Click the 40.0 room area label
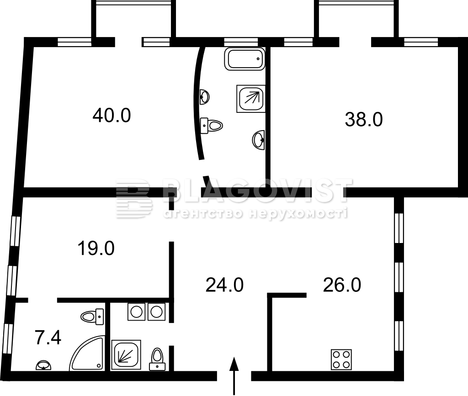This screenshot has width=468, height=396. click(x=112, y=116)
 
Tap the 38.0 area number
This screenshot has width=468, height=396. click(x=363, y=119)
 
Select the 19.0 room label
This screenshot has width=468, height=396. click(x=96, y=248)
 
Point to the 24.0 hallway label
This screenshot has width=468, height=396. click(x=224, y=285)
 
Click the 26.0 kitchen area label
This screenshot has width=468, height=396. click(x=342, y=285)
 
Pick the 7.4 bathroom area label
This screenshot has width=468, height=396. click(x=48, y=338)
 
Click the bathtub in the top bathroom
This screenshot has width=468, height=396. click(x=245, y=59)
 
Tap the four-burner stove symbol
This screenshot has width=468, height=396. click(x=341, y=359)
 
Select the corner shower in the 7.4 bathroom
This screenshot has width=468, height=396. click(x=87, y=353)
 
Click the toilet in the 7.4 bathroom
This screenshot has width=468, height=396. click(x=92, y=317)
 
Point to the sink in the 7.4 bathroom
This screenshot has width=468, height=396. click(x=43, y=365)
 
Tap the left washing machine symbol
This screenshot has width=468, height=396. click(x=136, y=312)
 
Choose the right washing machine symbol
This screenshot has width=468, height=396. click(x=156, y=312)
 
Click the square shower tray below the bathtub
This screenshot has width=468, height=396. click(x=251, y=99)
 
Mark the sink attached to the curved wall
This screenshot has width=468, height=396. click(x=205, y=97)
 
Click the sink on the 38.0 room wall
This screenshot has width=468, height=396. click(x=259, y=139)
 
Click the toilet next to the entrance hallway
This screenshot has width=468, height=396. click(x=157, y=359)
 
